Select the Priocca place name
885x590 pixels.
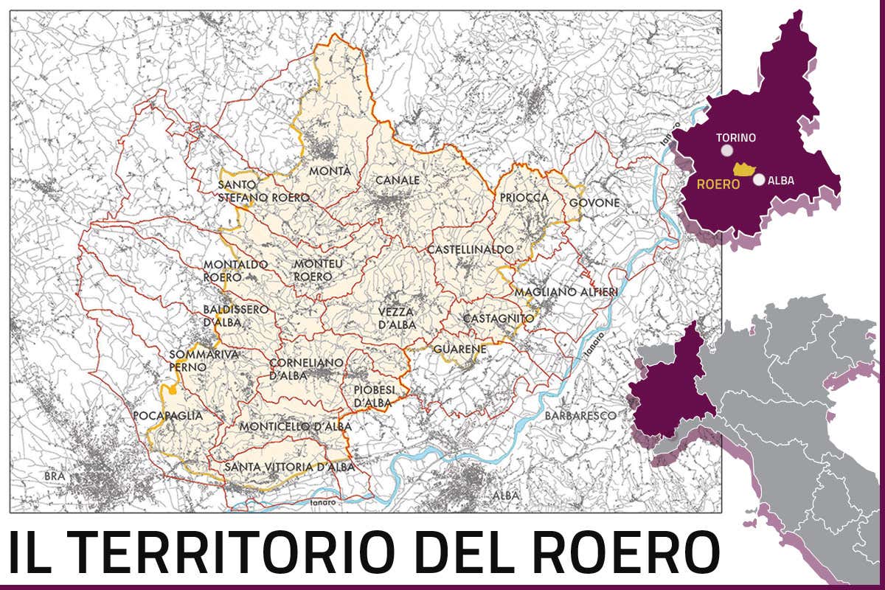click(x=524, y=198)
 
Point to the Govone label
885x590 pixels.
click(x=594, y=203)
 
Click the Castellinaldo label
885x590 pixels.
click(x=470, y=249)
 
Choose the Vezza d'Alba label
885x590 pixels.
click(x=397, y=318)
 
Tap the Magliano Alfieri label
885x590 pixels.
click(x=566, y=292)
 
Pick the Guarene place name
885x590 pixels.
click(x=459, y=348)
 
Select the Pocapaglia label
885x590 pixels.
click(x=167, y=416)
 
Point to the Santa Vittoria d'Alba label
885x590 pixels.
click(x=290, y=467)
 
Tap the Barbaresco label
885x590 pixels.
click(x=580, y=416)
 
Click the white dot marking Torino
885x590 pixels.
click(x=727, y=150)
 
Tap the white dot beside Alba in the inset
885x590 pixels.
click(x=759, y=179)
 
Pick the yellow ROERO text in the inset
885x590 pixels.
click(x=718, y=184)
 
